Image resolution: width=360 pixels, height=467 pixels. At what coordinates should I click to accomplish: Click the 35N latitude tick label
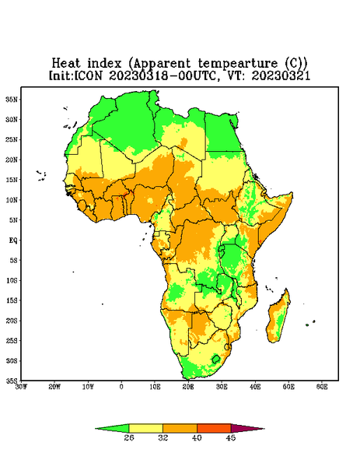[x=12, y=99]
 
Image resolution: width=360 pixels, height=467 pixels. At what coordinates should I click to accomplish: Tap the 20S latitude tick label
[x=12, y=321]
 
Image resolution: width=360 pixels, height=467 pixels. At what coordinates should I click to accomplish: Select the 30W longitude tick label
[x=22, y=387]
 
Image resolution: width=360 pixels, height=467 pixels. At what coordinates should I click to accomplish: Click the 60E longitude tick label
[x=322, y=387]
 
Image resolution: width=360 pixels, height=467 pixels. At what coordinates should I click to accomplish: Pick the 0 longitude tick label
[x=121, y=387]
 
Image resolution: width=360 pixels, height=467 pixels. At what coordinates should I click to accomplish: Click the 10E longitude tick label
[x=155, y=387]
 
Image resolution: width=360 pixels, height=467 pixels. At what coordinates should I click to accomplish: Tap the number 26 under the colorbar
[x=129, y=437]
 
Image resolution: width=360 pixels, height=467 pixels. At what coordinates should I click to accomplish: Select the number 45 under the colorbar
[x=231, y=437]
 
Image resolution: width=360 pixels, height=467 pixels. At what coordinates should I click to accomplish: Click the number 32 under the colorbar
[x=163, y=437]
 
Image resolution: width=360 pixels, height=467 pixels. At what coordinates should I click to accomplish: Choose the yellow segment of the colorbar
[x=145, y=428]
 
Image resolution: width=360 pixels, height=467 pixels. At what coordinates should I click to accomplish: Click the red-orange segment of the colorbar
[x=214, y=428]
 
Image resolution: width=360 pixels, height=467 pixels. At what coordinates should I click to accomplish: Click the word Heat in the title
[x=66, y=63]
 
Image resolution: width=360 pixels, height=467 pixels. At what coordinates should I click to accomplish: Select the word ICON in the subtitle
[x=89, y=75]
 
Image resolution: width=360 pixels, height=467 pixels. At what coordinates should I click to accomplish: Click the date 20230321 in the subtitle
[x=281, y=75]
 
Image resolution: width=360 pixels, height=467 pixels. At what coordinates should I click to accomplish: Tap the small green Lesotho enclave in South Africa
[x=216, y=359]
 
